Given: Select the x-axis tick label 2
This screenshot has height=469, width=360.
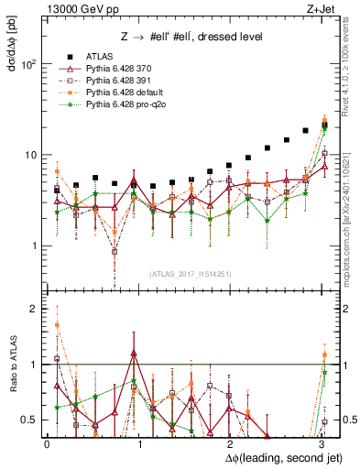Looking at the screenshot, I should click(231, 442).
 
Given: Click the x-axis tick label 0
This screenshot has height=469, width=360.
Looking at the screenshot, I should click(48, 442).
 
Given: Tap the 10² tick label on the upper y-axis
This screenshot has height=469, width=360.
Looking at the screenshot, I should click(28, 64).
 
